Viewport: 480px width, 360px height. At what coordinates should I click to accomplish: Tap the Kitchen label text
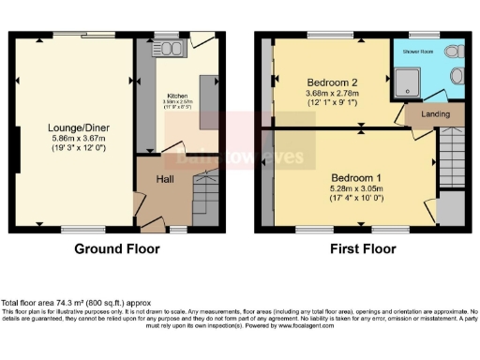[177, 96]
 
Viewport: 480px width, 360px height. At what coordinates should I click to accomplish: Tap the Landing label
[436, 113]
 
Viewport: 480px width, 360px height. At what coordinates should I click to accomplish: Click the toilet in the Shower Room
[457, 76]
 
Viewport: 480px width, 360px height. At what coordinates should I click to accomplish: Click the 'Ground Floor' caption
[117, 249]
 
